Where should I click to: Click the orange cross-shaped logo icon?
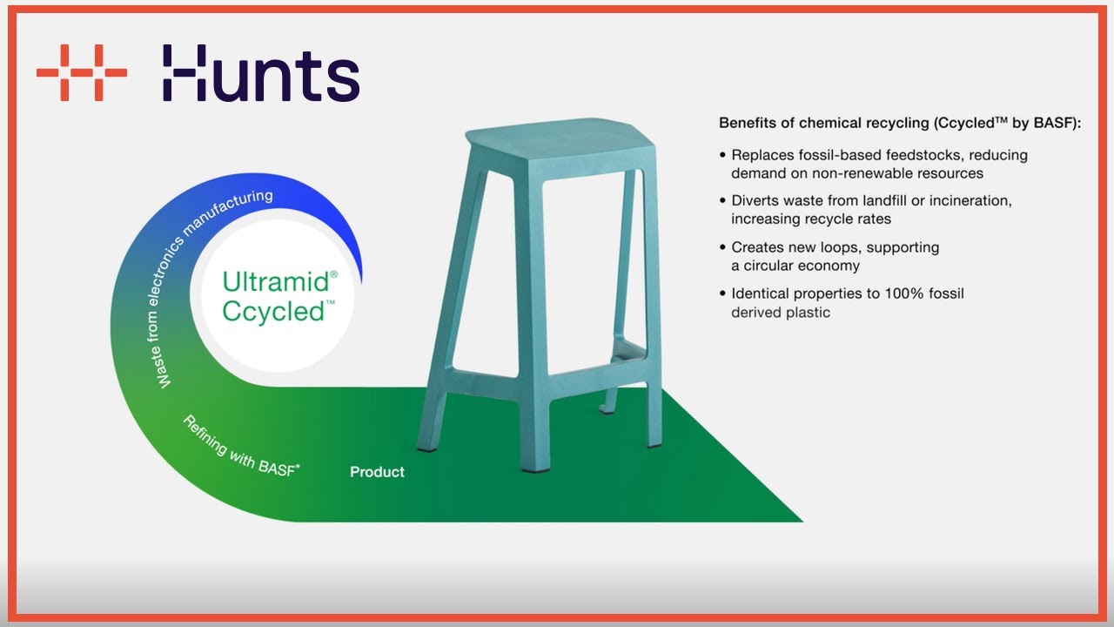[x=82, y=72]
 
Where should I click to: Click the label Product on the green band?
[x=377, y=472]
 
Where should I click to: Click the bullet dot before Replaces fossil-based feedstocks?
[x=722, y=155]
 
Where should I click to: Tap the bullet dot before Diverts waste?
[x=722, y=201]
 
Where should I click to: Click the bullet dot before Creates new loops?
[x=722, y=247]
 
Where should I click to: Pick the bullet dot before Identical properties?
[x=722, y=293]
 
